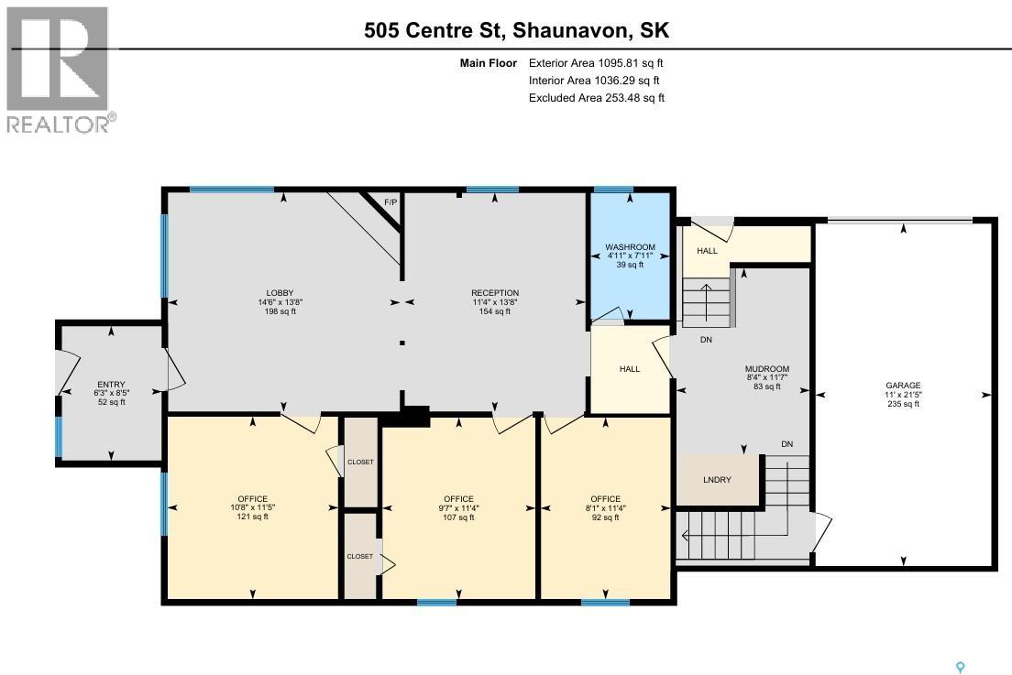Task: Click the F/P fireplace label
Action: pos(390,201)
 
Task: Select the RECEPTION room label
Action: pos(496,293)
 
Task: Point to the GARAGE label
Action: pos(903,386)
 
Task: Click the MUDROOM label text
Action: pos(766,369)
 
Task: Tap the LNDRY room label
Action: pos(717,479)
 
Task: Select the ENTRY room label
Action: pos(111,385)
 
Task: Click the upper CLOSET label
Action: pos(360,462)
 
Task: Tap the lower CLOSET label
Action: pos(359,556)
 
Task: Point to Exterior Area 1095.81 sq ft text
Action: pos(596,63)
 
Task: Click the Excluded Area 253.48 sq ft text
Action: pos(596,98)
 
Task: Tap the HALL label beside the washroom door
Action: pos(630,369)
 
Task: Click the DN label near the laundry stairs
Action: pos(786,444)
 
